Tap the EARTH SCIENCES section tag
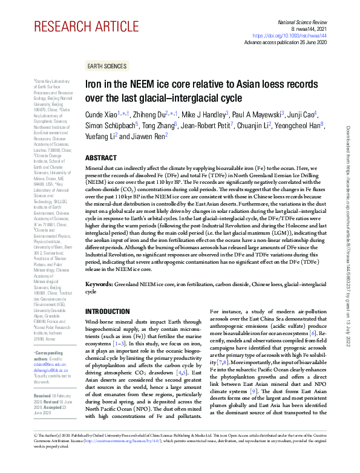click(106, 66)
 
